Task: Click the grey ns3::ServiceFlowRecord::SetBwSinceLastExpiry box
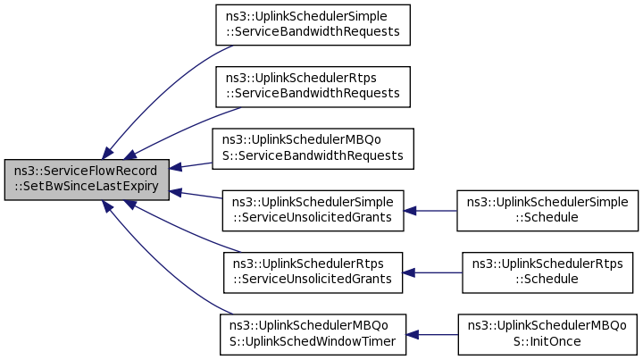point(87,180)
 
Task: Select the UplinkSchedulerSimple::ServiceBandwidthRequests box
point(313,25)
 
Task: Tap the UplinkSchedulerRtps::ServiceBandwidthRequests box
point(313,87)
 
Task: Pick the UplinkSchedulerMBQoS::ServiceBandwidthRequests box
point(313,149)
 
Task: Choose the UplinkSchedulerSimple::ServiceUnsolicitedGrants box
point(313,211)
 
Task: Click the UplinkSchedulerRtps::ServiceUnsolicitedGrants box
point(313,272)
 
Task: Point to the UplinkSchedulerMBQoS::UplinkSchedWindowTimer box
point(313,335)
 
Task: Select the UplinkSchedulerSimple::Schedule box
point(547,211)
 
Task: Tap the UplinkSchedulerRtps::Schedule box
point(547,272)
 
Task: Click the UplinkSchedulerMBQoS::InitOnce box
point(547,335)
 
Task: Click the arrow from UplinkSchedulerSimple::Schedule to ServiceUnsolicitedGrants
point(430,211)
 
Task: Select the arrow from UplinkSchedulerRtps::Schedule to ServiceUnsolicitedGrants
point(432,272)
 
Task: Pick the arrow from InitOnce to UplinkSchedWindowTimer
point(432,335)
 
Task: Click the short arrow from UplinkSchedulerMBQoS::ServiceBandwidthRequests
point(191,165)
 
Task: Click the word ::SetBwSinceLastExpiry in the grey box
point(87,186)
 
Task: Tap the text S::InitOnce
point(547,341)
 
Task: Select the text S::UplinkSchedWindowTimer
point(313,341)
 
